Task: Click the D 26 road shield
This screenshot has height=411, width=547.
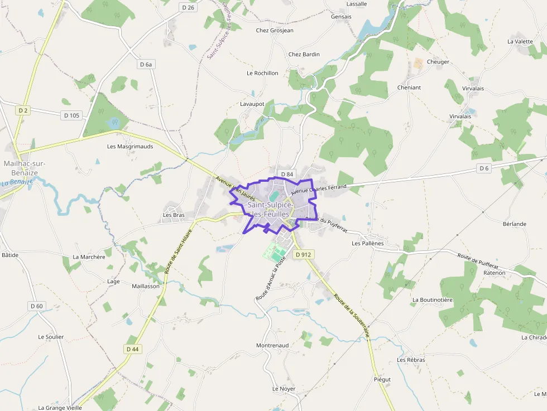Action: click(189, 7)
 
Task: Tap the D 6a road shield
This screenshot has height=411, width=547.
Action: click(146, 65)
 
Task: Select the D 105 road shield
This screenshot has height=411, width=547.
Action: click(71, 115)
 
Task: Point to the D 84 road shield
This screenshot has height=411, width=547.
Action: click(287, 175)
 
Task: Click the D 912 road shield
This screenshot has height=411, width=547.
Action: click(303, 254)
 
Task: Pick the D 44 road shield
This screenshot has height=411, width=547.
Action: click(132, 349)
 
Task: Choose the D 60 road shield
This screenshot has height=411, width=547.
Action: click(36, 306)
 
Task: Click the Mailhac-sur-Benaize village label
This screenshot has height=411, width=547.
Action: click(25, 168)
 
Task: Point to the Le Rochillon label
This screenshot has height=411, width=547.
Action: click(262, 73)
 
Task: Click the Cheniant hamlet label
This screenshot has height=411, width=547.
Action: click(409, 88)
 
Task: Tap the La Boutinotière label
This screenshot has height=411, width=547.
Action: click(431, 299)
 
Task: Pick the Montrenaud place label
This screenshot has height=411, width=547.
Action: click(272, 345)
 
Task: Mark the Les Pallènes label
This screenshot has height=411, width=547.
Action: click(368, 243)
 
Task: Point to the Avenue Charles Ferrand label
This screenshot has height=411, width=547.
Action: click(319, 190)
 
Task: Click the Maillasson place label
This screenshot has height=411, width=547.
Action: click(146, 286)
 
